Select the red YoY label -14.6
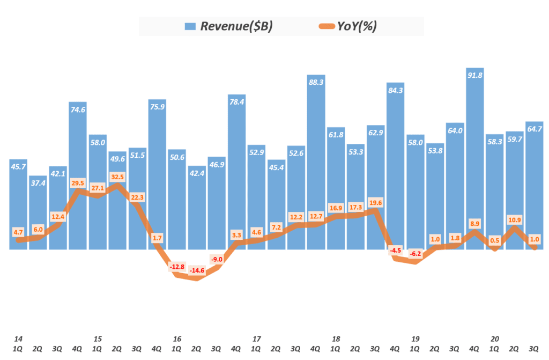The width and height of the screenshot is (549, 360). pyautogui.click(x=197, y=270)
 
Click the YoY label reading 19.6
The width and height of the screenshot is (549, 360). pyautogui.click(x=375, y=202)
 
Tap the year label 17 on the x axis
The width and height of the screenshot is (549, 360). pyautogui.click(x=256, y=339)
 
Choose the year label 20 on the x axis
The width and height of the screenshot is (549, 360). pyautogui.click(x=495, y=339)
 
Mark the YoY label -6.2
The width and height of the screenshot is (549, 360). pyautogui.click(x=415, y=254)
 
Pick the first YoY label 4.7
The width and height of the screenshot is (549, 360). pyautogui.click(x=18, y=232)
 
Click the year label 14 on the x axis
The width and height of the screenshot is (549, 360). pyautogui.click(x=18, y=339)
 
